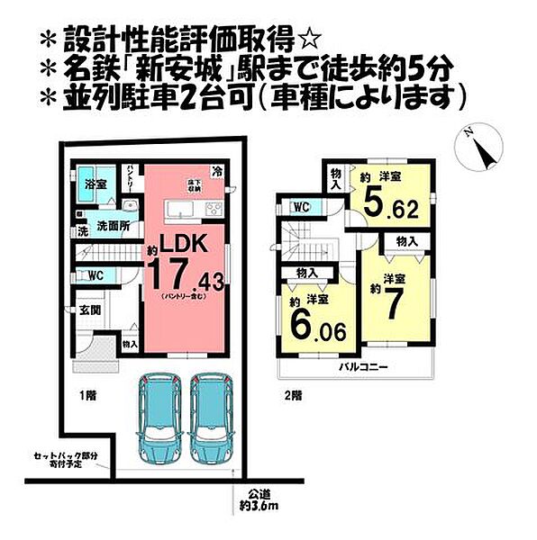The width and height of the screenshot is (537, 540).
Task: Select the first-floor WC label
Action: [95, 276]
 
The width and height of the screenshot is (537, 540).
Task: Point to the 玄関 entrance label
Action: [89, 310]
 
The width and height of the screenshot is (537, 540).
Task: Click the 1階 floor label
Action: [87, 393]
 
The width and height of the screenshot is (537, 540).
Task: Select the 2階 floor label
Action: [290, 394]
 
